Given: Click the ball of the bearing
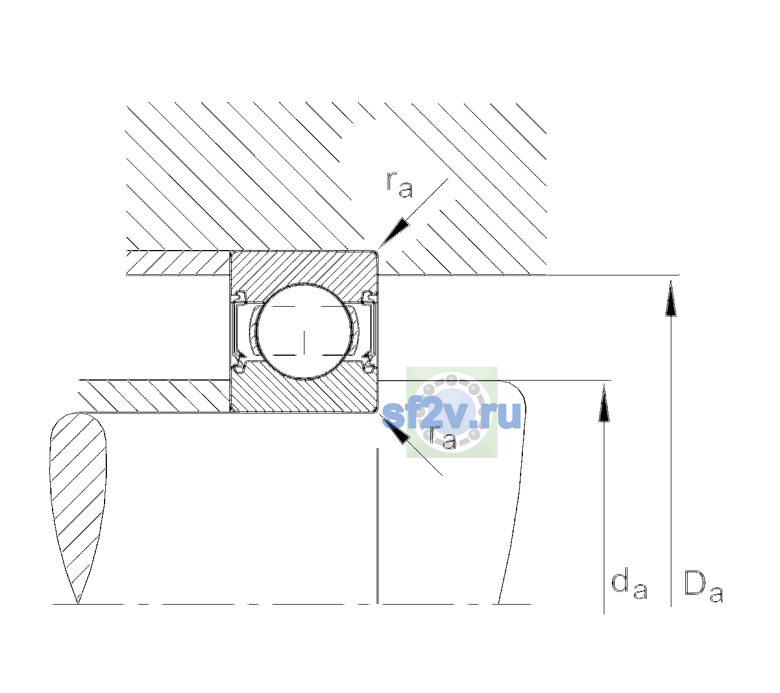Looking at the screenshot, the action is point(304,331).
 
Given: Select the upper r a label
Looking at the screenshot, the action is point(400,185).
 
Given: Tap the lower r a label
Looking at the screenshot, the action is point(443,437).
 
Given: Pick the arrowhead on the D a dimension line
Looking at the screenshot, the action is point(671,298).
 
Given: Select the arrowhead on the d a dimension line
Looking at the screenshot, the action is point(604,404).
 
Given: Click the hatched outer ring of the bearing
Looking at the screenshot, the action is point(304,269).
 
